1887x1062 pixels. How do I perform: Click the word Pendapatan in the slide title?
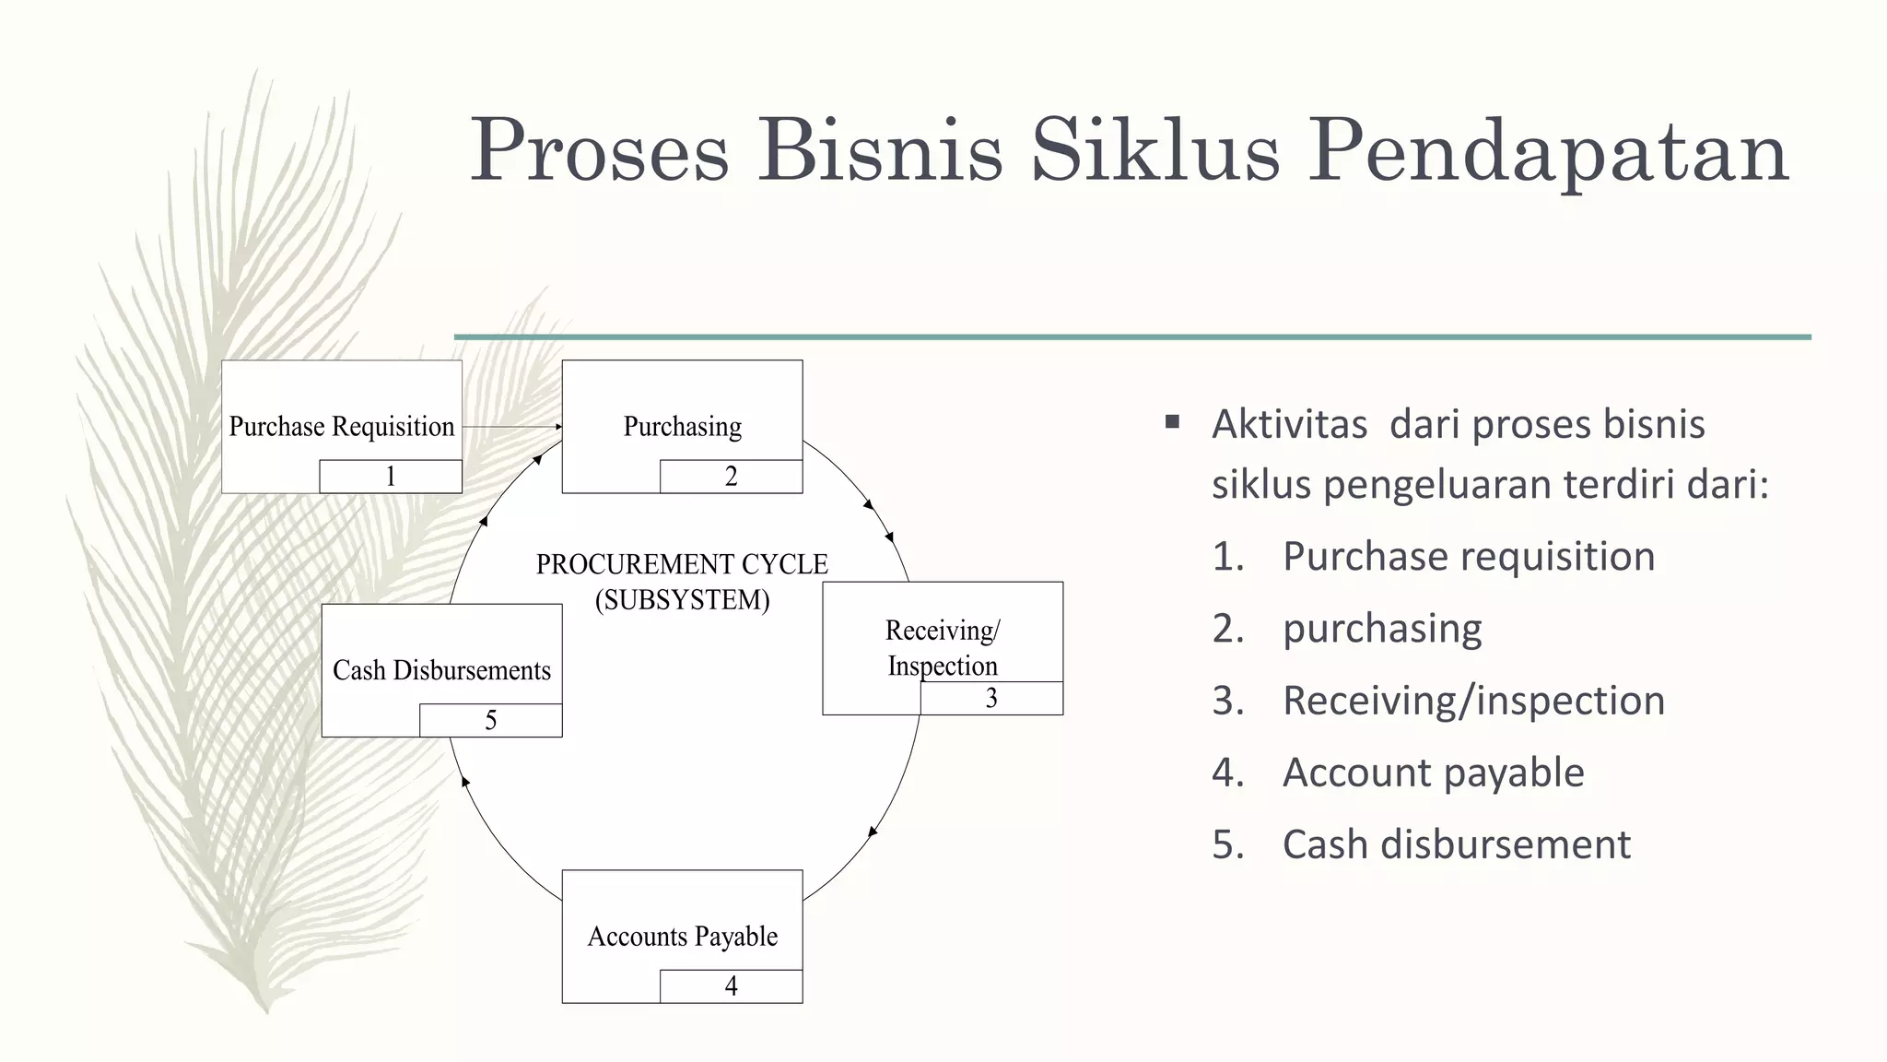1548,151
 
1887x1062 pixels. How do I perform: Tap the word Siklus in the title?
1155,151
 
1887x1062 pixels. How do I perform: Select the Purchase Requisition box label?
342,427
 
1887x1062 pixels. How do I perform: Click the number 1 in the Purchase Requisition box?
391,477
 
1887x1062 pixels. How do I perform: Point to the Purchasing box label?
682,427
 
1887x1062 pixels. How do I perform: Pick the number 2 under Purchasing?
731,477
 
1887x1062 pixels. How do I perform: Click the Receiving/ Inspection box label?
942,647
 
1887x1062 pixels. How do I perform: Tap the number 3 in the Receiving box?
991,699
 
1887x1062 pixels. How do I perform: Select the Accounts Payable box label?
682,937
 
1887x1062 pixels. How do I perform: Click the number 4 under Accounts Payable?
731,986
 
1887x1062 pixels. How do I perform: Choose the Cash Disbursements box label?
441,670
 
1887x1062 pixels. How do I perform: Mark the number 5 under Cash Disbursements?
491,721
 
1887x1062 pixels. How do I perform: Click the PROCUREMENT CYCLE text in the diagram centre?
682,564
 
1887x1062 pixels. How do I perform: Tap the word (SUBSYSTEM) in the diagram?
682,600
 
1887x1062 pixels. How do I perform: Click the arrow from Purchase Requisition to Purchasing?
512,427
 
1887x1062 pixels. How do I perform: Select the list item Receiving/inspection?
1473,701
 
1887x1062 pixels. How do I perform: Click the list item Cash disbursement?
1456,844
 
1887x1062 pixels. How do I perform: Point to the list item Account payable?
1433,773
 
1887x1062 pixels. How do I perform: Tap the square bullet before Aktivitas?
1172,423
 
